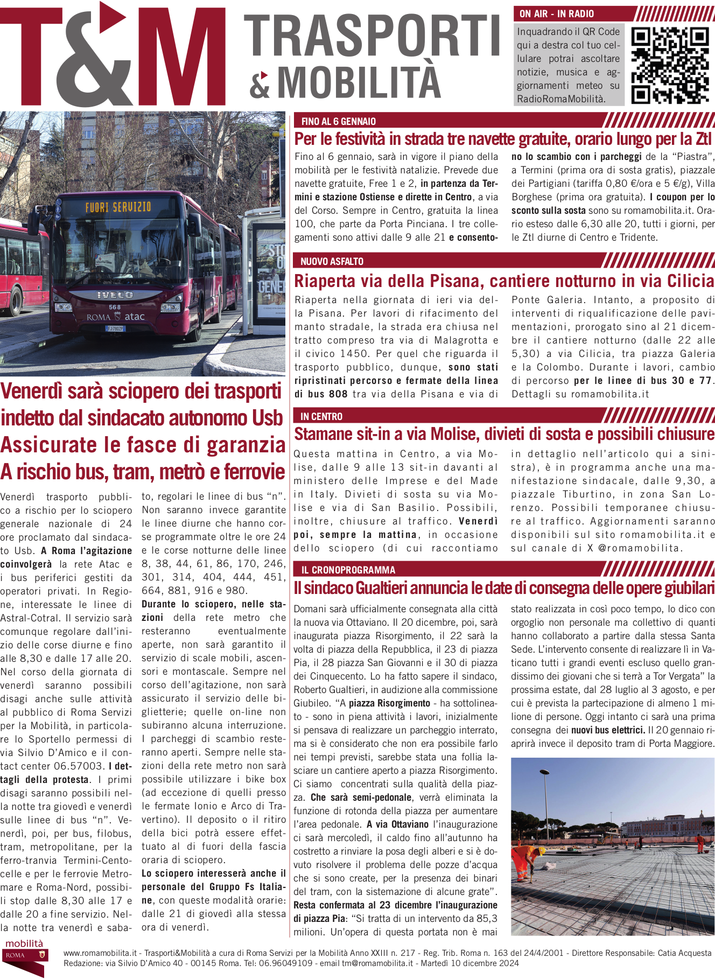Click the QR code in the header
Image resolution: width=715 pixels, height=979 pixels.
click(670, 65)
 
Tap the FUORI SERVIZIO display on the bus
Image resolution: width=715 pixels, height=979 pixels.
click(118, 207)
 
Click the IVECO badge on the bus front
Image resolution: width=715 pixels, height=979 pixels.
click(115, 295)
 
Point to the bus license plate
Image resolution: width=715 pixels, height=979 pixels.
click(115, 328)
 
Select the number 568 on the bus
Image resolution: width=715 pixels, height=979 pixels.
click(115, 307)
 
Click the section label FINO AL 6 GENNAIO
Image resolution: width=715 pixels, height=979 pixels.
click(338, 122)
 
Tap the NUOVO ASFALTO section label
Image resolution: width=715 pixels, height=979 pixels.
click(332, 262)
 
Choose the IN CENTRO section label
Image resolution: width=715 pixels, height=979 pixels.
click(321, 416)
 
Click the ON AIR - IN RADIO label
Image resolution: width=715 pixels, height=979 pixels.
click(556, 14)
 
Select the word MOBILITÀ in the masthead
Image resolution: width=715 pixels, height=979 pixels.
click(359, 82)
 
